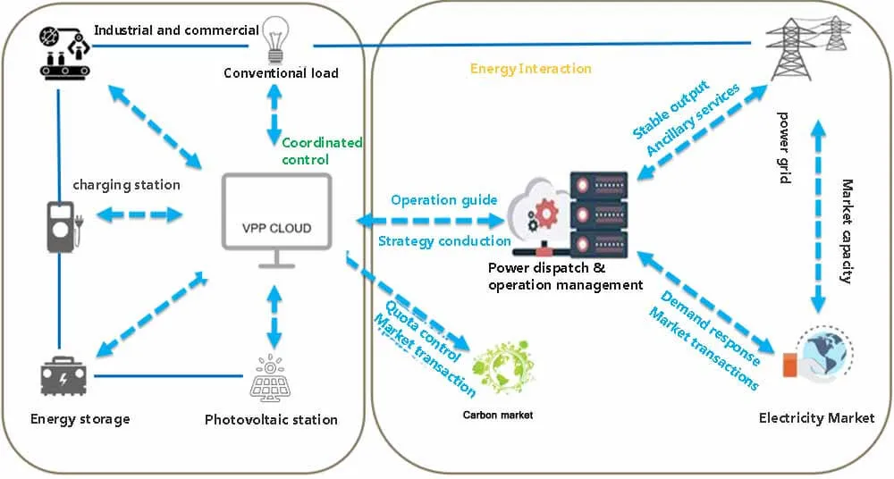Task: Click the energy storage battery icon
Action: [64, 375]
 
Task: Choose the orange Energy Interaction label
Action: [530, 69]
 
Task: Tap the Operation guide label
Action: [438, 199]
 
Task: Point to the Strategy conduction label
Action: [443, 241]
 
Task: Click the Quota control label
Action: [423, 332]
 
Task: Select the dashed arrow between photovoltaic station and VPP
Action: [274, 315]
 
